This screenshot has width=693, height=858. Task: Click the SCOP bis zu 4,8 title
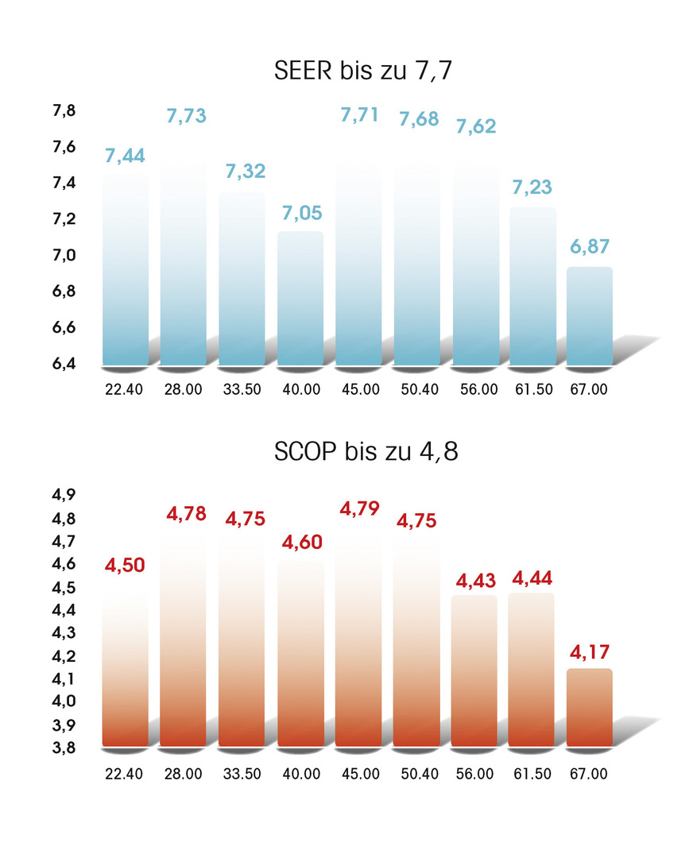click(366, 452)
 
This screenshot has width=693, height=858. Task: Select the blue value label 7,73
click(186, 116)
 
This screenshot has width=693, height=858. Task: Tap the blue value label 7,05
click(301, 213)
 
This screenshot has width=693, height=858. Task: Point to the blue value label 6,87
click(589, 247)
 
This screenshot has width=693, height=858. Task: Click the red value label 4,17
click(589, 653)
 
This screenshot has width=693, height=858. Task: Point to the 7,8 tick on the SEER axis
click(64, 111)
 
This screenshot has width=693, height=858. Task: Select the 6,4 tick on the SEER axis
click(64, 364)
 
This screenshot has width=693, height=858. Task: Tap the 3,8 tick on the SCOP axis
click(64, 748)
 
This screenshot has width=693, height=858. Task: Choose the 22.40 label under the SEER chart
click(124, 392)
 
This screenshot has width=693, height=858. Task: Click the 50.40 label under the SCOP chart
click(416, 773)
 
